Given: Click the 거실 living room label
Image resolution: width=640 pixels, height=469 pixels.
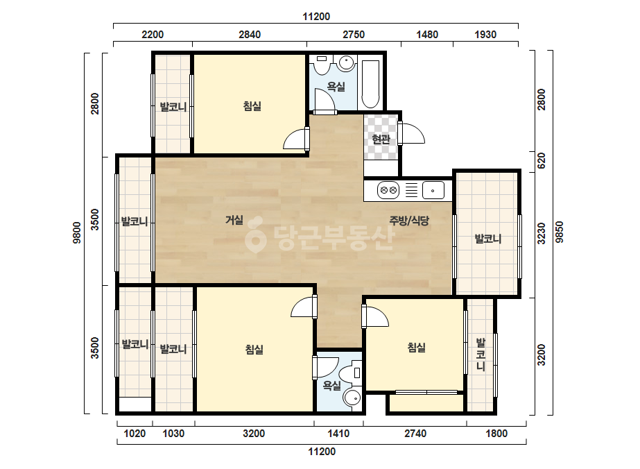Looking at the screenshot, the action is click(x=234, y=220).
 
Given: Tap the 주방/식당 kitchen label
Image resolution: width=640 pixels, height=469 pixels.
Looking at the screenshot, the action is click(x=409, y=221).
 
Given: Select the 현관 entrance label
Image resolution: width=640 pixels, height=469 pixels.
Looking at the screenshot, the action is click(x=381, y=139).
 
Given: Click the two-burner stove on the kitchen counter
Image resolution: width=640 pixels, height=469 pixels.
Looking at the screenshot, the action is click(x=388, y=190).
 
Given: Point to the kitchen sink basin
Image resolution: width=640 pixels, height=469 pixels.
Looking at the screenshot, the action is click(x=433, y=190).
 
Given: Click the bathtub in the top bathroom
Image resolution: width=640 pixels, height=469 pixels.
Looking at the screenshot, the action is click(x=370, y=84).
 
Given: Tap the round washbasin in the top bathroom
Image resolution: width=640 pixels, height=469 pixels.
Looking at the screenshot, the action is click(x=346, y=63).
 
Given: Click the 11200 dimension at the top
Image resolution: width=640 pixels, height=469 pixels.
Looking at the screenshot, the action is click(x=316, y=17).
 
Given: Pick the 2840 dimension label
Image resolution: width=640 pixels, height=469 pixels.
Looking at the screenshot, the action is click(x=250, y=35).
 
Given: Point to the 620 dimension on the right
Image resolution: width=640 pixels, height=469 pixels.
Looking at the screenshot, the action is click(x=542, y=161).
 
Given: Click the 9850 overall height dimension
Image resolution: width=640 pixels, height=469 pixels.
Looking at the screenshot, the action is click(x=560, y=232).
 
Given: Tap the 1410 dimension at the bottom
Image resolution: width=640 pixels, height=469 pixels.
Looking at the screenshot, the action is click(x=338, y=434).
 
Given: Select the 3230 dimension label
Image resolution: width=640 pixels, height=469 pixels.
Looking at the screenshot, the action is click(x=542, y=233).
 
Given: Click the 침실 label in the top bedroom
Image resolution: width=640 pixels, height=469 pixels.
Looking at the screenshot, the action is click(x=252, y=106).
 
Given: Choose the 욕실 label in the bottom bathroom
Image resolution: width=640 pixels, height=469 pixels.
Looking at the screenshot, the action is click(x=332, y=385).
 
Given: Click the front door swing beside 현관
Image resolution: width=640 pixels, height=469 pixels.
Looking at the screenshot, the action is click(x=413, y=133).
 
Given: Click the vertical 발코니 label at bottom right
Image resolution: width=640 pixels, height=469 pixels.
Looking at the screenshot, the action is click(x=481, y=355).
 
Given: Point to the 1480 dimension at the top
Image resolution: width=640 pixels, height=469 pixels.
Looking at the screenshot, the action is click(x=427, y=35).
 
